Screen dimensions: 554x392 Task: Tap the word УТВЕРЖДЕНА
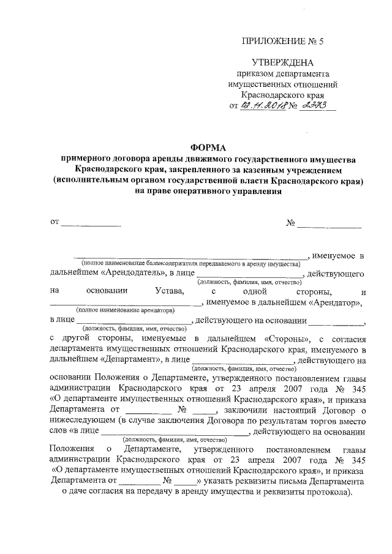(x=282, y=63)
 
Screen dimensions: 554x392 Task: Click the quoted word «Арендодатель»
(x=130, y=272)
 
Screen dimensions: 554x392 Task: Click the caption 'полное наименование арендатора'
(x=124, y=311)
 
